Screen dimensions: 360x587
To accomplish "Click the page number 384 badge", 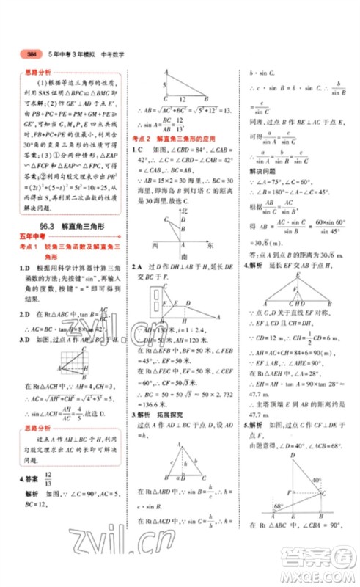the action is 32,54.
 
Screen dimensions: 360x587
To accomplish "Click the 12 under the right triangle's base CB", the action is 180,100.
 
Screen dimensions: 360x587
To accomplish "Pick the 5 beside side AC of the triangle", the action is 163,85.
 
